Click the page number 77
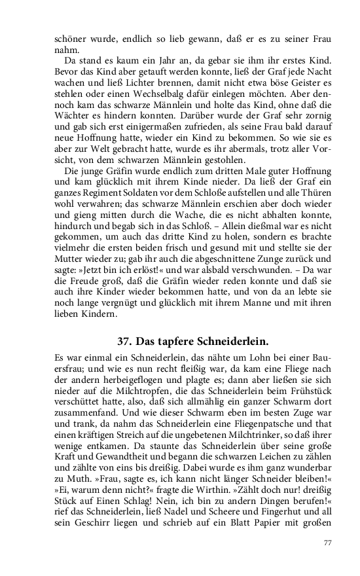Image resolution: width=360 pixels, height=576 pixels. (329, 543)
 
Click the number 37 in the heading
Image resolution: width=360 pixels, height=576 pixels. (124, 342)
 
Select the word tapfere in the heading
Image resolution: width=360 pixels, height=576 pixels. (171, 342)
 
